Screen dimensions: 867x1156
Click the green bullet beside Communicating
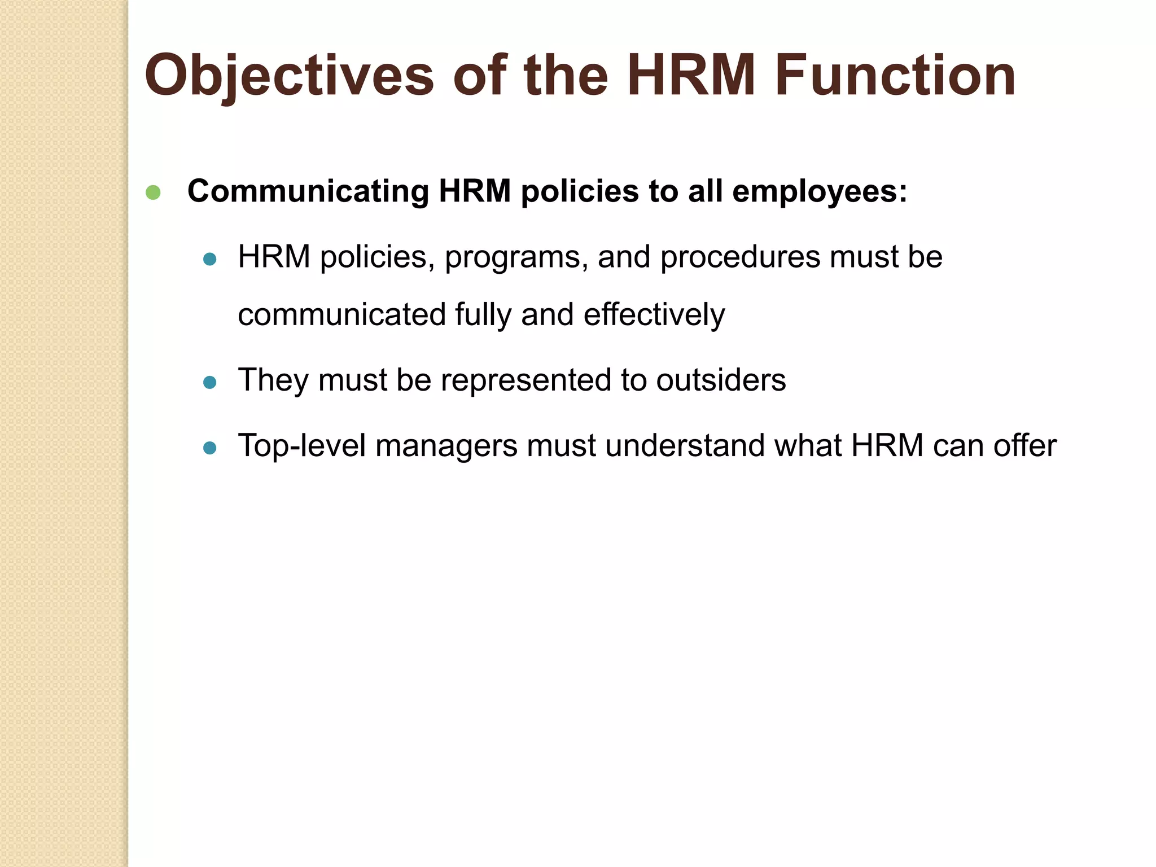[153, 192]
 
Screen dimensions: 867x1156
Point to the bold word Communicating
[308, 192]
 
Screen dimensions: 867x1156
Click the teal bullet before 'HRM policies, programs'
[210, 260]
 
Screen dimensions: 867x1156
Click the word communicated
[342, 315]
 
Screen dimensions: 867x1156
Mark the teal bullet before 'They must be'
[210, 383]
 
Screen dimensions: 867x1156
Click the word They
[273, 380]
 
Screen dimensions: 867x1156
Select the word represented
[526, 380]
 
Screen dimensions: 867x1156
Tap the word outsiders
[721, 380]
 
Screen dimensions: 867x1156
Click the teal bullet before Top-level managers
[210, 448]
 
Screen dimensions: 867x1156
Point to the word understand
[685, 446]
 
